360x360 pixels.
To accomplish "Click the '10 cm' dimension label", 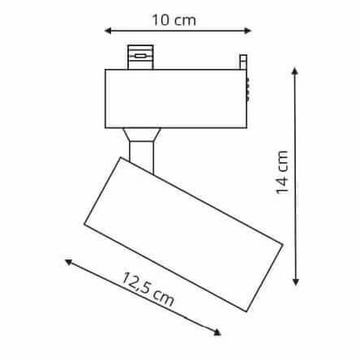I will point(174,19).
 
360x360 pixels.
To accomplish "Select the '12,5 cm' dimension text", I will point(149,289).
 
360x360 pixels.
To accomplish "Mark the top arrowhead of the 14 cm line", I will point(295,71).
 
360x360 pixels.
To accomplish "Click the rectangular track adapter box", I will point(175,99).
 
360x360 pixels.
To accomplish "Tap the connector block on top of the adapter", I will point(140,56).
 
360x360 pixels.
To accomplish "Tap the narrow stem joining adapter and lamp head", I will point(143,157).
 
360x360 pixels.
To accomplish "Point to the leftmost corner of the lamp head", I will point(84,224).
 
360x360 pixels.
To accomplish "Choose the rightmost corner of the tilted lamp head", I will point(283,242).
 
